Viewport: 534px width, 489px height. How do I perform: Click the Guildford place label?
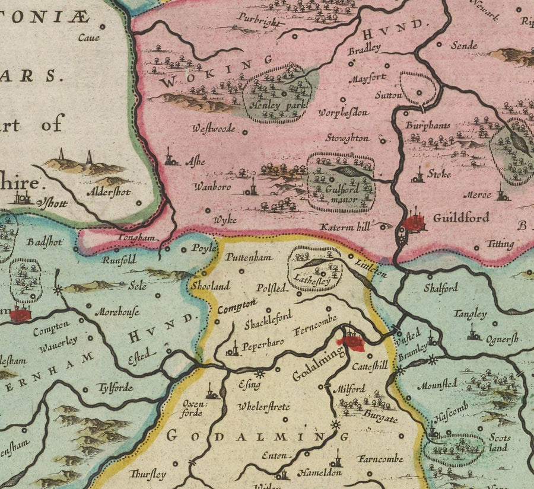point(461,218)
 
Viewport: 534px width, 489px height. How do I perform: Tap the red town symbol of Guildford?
point(415,223)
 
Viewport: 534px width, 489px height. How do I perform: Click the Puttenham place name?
point(249,258)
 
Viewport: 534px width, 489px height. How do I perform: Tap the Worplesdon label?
point(344,112)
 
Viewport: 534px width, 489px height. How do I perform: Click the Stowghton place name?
point(347,138)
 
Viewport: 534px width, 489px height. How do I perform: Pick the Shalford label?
point(440,288)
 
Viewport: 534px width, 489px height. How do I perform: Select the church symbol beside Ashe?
point(170,157)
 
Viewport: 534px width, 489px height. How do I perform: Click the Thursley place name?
point(147,474)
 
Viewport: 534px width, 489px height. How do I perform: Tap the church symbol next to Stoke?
point(418,175)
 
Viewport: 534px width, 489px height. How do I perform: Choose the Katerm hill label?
point(345,226)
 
